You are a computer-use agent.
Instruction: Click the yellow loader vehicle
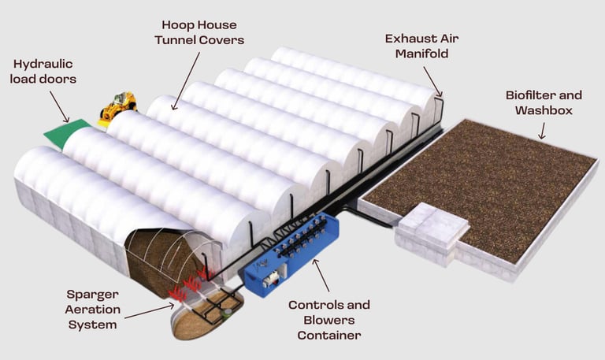point(118,106)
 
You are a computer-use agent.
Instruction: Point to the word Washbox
point(543,110)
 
